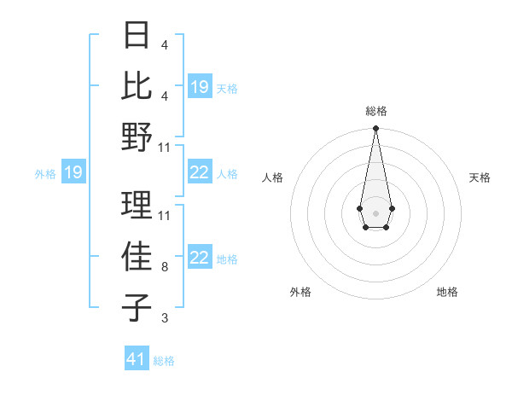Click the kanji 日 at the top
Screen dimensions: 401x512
(137, 36)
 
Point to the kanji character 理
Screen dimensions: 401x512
(137, 204)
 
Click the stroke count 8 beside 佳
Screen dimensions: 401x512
(164, 267)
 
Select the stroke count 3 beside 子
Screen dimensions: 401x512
(164, 318)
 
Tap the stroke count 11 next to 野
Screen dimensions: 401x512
(165, 147)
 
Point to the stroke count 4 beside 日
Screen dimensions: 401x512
(164, 45)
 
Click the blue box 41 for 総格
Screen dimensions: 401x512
(137, 359)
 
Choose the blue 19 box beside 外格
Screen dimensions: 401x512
(73, 173)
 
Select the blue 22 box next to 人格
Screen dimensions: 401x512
(199, 173)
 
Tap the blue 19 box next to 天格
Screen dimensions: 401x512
(199, 86)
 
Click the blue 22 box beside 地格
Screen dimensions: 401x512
(199, 259)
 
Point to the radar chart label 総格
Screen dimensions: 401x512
(375, 112)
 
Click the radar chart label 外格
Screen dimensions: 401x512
(300, 292)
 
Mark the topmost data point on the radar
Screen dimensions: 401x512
(375, 128)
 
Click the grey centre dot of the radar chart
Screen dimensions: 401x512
(375, 212)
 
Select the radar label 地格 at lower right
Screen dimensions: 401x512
(447, 292)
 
